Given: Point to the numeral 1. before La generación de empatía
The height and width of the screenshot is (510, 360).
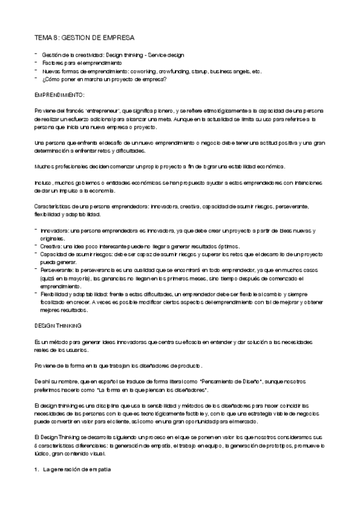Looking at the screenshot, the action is (x=37, y=469).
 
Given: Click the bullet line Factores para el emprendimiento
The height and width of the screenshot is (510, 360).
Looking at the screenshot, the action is (x=81, y=63).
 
